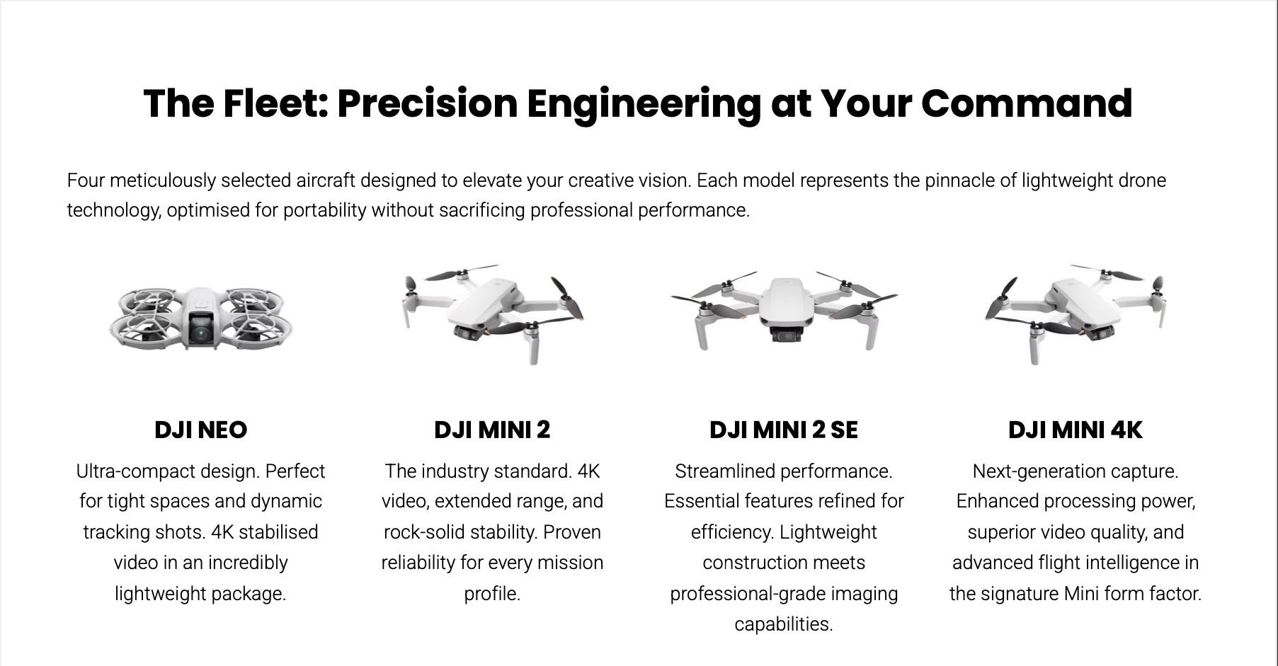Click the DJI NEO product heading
(200, 430)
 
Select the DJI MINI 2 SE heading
(783, 430)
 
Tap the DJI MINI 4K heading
(1075, 430)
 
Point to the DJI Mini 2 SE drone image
(784, 312)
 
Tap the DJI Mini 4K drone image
(1075, 314)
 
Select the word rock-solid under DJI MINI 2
(423, 532)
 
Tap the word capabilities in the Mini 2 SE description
(784, 624)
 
